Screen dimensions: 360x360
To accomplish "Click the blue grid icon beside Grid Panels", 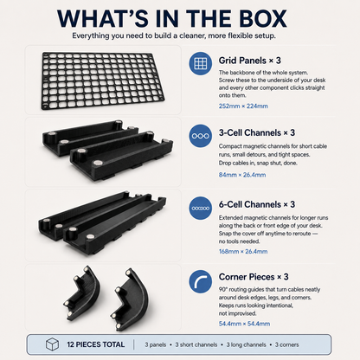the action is pyautogui.click(x=201, y=63).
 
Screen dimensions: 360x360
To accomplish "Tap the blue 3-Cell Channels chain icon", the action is pyautogui.click(x=201, y=136).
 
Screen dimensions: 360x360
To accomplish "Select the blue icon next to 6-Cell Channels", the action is pyautogui.click(x=201, y=208).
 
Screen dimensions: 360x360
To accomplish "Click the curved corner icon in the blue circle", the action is pyautogui.click(x=201, y=281).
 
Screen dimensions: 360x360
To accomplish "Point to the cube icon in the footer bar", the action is pyautogui.click(x=52, y=344).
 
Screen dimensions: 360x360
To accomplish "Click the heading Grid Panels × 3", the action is pyautogui.click(x=249, y=61).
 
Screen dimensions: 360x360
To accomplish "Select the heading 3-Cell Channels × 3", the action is pyautogui.click(x=257, y=132).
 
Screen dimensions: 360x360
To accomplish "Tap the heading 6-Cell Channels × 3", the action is pyautogui.click(x=257, y=204).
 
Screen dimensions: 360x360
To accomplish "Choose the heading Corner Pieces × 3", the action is pyautogui.click(x=254, y=277).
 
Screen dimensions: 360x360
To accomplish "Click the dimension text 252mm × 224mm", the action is pyautogui.click(x=243, y=106).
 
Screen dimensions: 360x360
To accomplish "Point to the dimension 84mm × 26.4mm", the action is pyautogui.click(x=242, y=175).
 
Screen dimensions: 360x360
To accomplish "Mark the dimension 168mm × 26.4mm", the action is pyautogui.click(x=243, y=252).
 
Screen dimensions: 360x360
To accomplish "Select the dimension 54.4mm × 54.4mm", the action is pyautogui.click(x=244, y=324).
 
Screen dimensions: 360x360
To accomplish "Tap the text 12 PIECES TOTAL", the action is pyautogui.click(x=96, y=344).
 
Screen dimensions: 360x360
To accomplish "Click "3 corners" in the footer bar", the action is pyautogui.click(x=286, y=344).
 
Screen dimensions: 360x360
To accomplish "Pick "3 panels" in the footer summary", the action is pyautogui.click(x=156, y=344).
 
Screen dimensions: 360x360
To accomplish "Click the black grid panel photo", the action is pyautogui.click(x=103, y=80).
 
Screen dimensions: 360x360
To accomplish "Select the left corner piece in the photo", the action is pyautogui.click(x=82, y=292).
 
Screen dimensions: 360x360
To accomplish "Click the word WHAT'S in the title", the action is pyautogui.click(x=103, y=19).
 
